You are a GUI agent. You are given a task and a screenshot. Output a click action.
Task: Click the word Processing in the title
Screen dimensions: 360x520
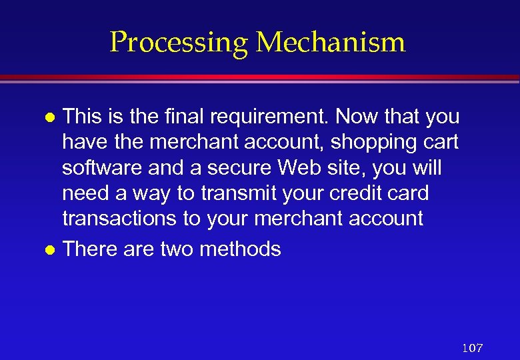pyautogui.click(x=179, y=43)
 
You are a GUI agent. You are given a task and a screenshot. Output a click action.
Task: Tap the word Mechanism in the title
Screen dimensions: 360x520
pyautogui.click(x=331, y=42)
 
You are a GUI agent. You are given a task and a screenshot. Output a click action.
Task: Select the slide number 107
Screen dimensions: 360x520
pyautogui.click(x=472, y=347)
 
